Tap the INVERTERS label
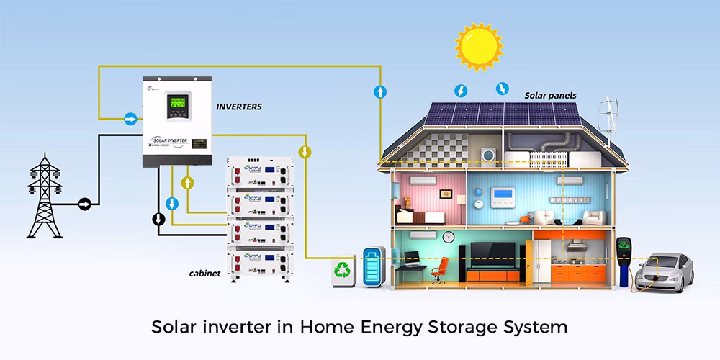tap(239, 107)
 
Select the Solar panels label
tap(550, 95)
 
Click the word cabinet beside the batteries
tap(204, 274)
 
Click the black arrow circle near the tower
tap(84, 204)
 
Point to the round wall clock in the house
tap(448, 236)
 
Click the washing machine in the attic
tap(489, 155)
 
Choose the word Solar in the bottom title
tap(175, 327)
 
